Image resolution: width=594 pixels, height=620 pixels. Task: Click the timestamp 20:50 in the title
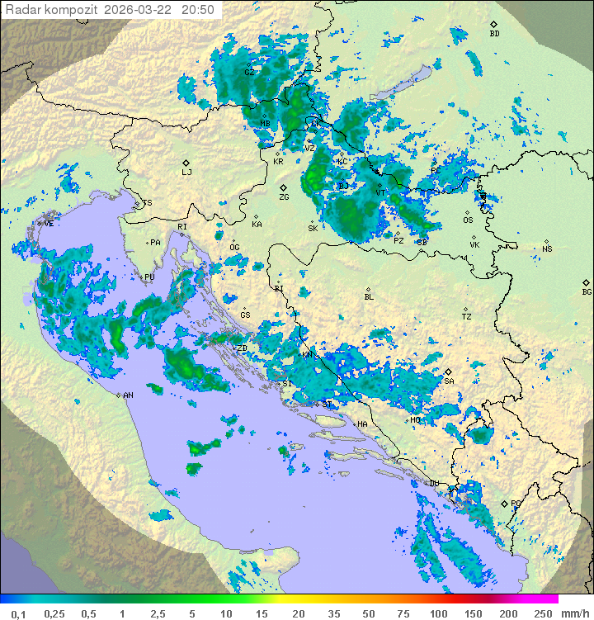coord(198,10)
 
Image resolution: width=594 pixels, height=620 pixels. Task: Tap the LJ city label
coord(186,173)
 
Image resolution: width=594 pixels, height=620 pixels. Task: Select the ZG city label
coord(284,197)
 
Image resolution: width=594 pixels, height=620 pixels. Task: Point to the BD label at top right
coord(494,34)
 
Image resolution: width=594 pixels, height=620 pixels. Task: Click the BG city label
coord(587,291)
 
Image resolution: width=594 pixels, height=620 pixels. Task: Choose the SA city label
coord(449,381)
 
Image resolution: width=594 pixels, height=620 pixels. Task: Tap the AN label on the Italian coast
coord(128,395)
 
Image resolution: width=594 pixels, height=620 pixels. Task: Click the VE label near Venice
coord(49,224)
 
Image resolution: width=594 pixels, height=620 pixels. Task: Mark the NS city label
coord(547,248)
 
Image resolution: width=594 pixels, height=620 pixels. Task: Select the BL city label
coord(369,296)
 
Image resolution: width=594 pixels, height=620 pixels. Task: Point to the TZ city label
coord(466,316)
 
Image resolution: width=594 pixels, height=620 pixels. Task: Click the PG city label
coord(516,503)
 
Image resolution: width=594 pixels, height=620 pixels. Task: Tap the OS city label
coord(468,220)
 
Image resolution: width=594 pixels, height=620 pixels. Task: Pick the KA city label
coord(257,224)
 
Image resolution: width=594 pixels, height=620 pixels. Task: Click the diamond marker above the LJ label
coord(186,163)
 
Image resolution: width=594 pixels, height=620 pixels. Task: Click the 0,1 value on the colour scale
coord(18,613)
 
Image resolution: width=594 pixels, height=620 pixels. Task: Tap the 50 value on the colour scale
coord(369,613)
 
